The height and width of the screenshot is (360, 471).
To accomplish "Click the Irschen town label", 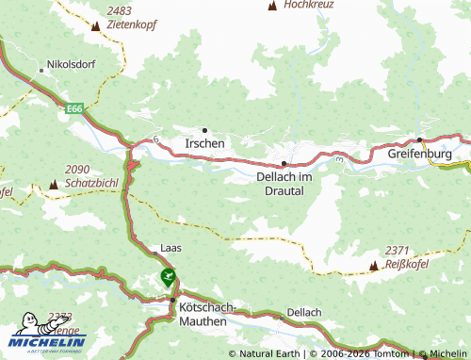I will coord(205,143).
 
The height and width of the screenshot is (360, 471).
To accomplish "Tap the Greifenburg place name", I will coord(420,153).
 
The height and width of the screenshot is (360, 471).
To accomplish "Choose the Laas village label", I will coord(171,248).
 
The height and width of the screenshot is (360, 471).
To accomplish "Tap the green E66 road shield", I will coord(74,110).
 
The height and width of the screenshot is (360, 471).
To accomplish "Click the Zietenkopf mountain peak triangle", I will coord(95,28).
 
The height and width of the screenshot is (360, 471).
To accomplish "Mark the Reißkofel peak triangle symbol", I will coord(374,266).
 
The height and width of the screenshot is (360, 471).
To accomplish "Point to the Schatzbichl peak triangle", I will coord(53,184).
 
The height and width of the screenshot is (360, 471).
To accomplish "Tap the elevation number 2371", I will coord(397,250).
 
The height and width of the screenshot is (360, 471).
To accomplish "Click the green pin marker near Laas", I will coord(168,277).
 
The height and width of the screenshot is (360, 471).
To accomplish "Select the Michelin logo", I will coord(46,335).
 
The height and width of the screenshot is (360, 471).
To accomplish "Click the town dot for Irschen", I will coord(204,130).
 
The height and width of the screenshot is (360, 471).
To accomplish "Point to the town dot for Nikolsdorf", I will coord(41,69).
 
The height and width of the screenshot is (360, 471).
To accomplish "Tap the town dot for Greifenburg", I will coord(419,140).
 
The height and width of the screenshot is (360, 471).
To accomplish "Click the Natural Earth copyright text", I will coord(268,353).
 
